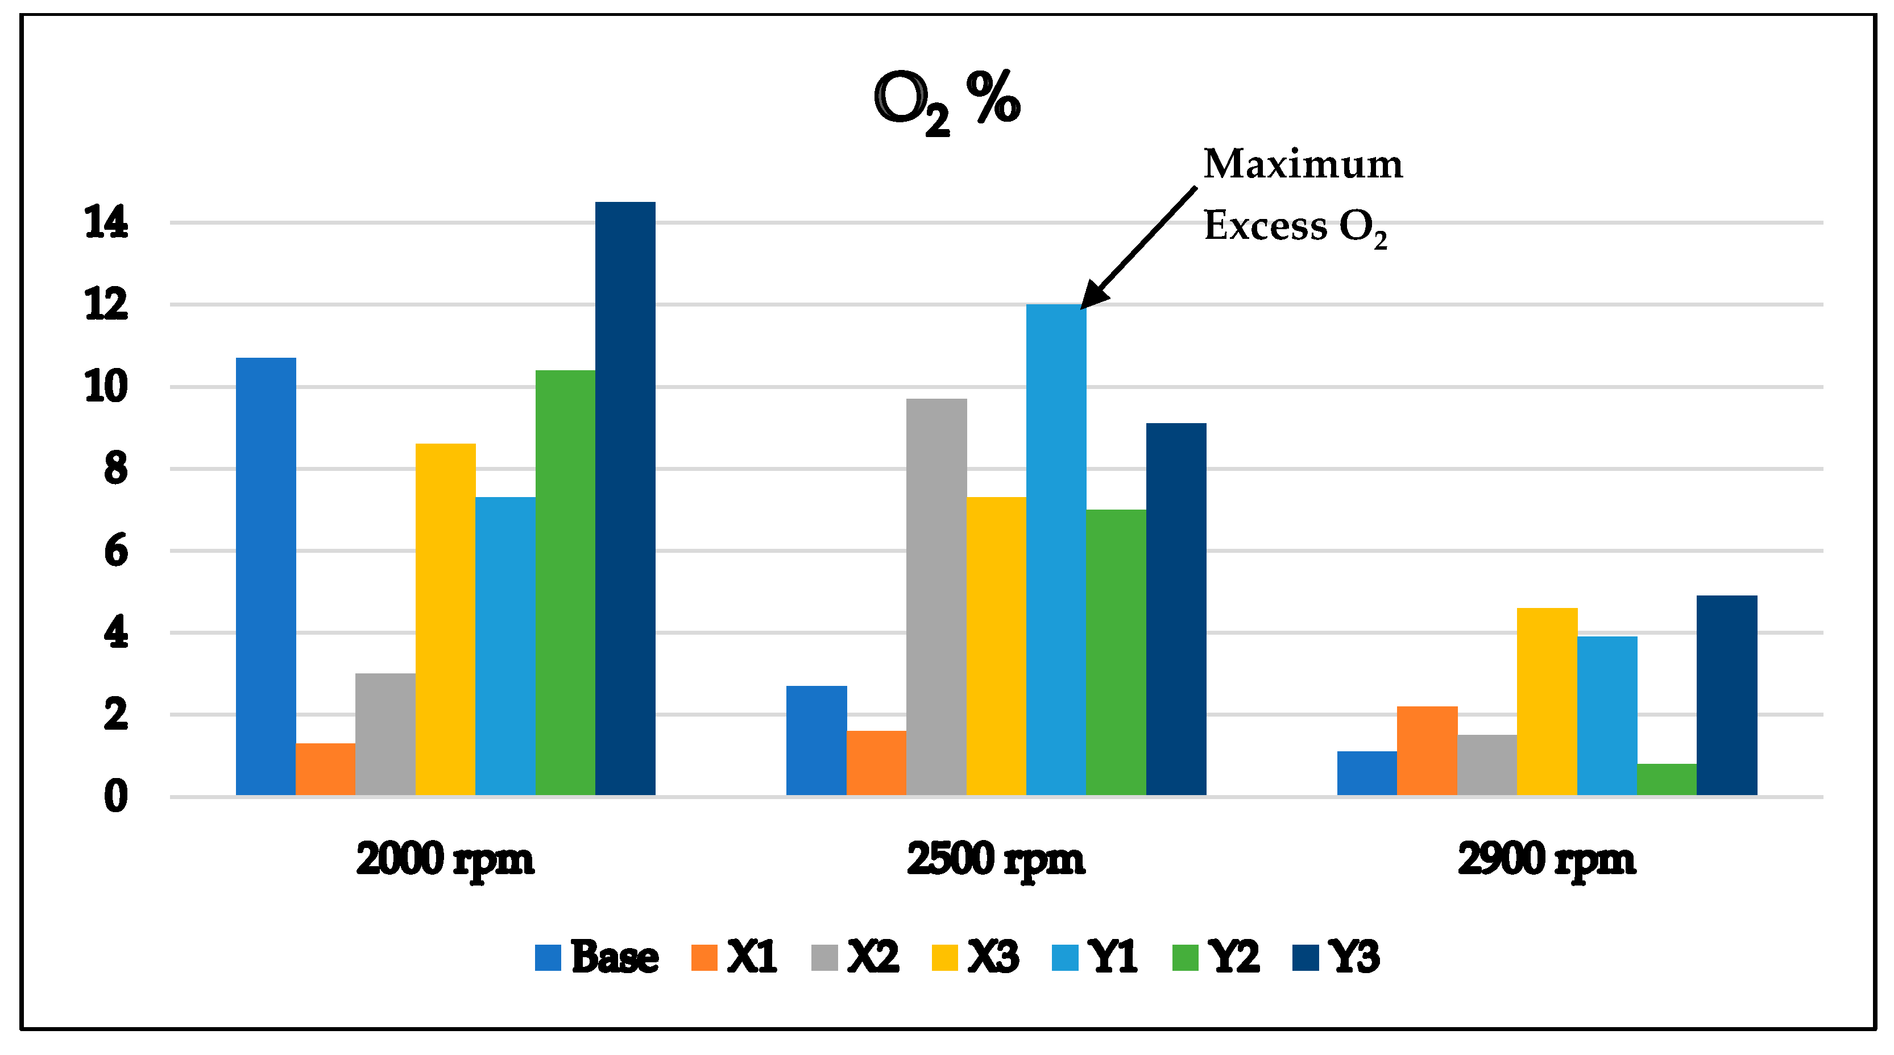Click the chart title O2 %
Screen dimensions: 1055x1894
pyautogui.click(x=947, y=101)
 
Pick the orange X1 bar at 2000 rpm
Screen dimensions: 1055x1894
pyautogui.click(x=325, y=769)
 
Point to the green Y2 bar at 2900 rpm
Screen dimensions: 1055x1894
pyautogui.click(x=1666, y=779)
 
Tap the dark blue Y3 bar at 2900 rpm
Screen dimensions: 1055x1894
pyautogui.click(x=1726, y=696)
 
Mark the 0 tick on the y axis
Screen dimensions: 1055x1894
pyautogui.click(x=115, y=796)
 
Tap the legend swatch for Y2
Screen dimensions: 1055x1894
pyautogui.click(x=1184, y=957)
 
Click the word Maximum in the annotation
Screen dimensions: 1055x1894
pyautogui.click(x=1302, y=163)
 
